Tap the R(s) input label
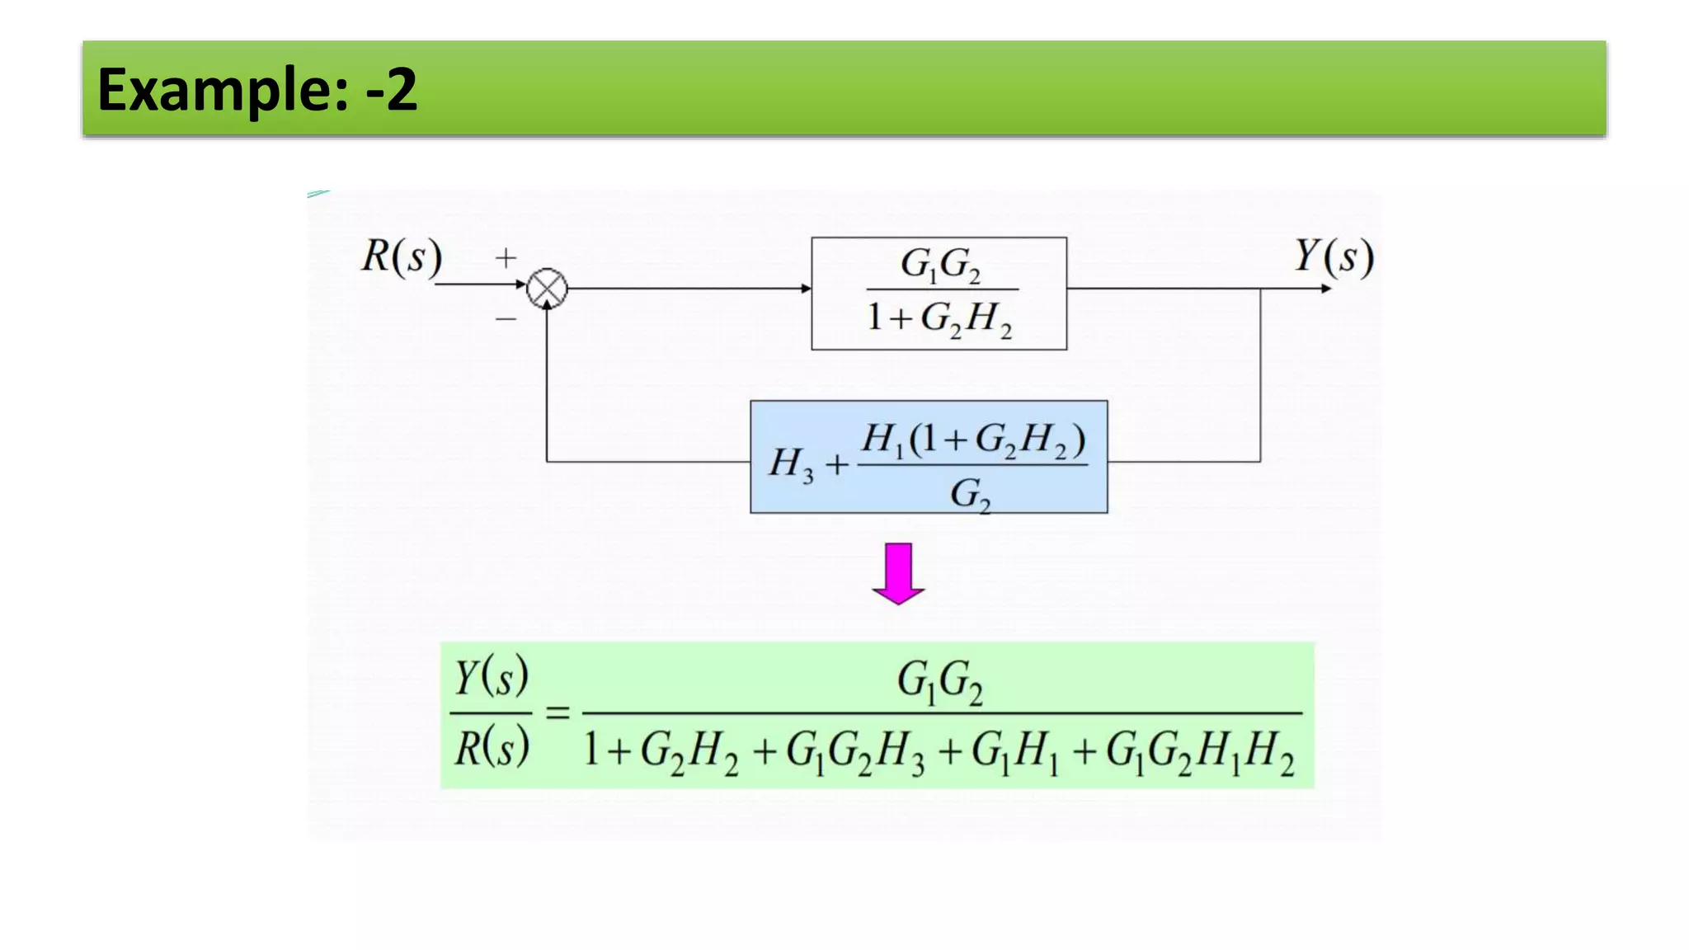(x=402, y=256)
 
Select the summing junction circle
(x=547, y=289)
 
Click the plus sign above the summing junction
(x=506, y=258)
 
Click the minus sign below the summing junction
(x=506, y=318)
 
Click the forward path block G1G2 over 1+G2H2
(x=939, y=294)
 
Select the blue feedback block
(x=929, y=457)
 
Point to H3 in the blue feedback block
(x=790, y=463)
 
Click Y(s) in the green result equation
(x=491, y=677)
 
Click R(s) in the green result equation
(x=491, y=748)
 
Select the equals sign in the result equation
(x=558, y=712)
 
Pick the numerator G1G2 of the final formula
(x=939, y=682)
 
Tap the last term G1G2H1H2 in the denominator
(x=1200, y=753)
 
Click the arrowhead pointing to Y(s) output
(x=1325, y=289)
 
